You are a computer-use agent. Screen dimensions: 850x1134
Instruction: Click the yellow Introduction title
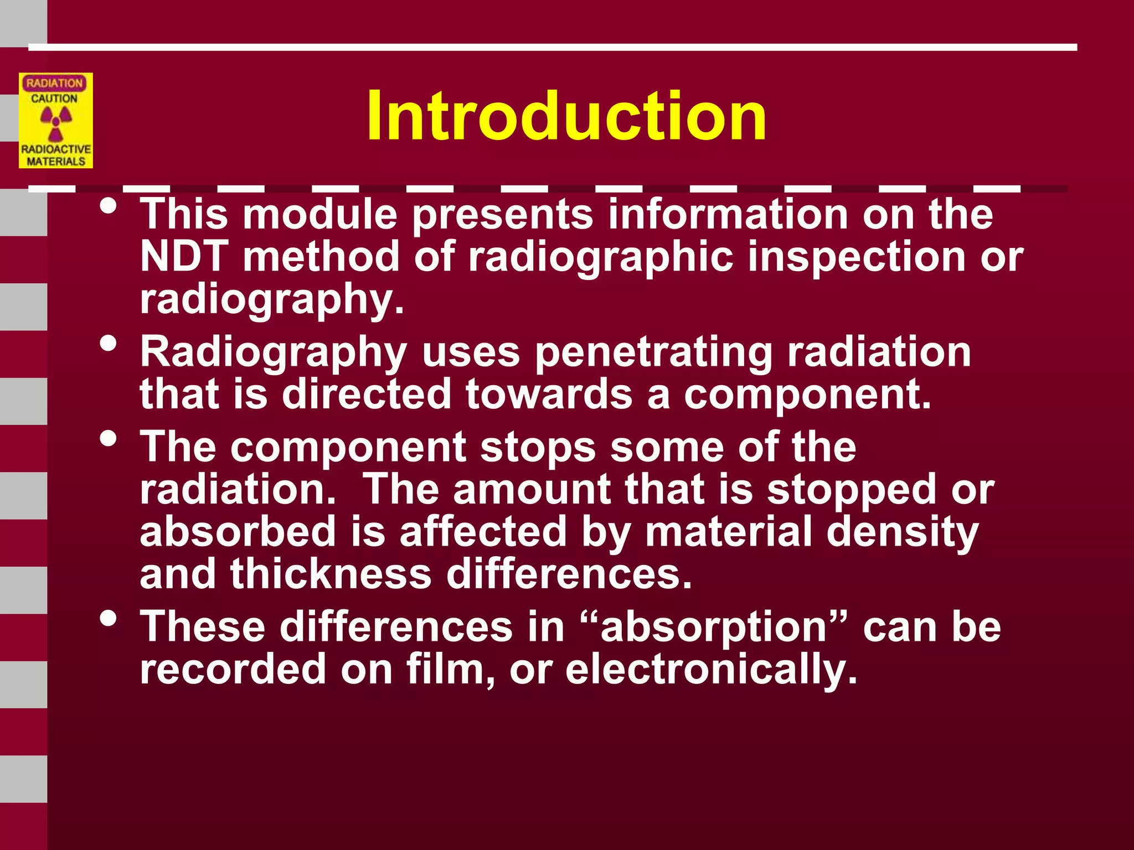pyautogui.click(x=566, y=116)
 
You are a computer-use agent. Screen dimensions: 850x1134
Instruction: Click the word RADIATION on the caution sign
pyautogui.click(x=54, y=83)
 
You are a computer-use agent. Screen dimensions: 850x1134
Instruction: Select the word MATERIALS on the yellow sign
pyautogui.click(x=56, y=161)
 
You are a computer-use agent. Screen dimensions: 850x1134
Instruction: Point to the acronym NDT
pyautogui.click(x=184, y=257)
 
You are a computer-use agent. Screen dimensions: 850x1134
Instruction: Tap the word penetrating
pyautogui.click(x=653, y=353)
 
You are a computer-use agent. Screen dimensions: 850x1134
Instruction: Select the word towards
pyautogui.click(x=549, y=395)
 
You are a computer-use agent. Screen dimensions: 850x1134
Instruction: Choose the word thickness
pyautogui.click(x=331, y=574)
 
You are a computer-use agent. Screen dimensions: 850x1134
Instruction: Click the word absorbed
pyautogui.click(x=238, y=532)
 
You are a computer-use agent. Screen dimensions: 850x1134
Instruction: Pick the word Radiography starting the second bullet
pyautogui.click(x=274, y=353)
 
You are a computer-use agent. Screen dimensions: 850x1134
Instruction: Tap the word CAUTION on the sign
pyautogui.click(x=54, y=99)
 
